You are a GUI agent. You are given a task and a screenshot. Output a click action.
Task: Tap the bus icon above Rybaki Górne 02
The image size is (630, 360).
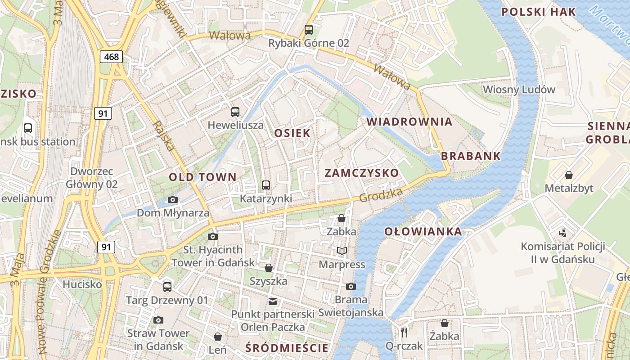[308, 30]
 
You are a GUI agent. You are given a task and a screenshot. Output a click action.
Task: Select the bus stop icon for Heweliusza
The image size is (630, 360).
[235, 112]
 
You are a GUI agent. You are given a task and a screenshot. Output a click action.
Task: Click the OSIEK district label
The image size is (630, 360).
[292, 133]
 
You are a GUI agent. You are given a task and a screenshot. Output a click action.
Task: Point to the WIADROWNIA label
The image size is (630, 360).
[409, 121]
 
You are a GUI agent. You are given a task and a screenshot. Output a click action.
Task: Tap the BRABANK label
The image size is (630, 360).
[471, 156]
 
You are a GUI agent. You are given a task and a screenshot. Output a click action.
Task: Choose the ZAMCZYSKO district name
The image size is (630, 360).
[361, 173]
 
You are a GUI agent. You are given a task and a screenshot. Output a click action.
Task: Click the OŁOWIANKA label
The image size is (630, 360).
[423, 232]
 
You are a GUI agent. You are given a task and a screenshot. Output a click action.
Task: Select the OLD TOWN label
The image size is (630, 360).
[202, 177]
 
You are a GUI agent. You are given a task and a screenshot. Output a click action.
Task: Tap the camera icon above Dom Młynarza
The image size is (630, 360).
[172, 199]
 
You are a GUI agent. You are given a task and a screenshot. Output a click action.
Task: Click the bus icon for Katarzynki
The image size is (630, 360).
[265, 185]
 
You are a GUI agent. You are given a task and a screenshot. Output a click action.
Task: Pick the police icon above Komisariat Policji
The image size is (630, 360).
[562, 233]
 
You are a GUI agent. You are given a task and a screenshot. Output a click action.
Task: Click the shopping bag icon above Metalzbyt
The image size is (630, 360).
[569, 175]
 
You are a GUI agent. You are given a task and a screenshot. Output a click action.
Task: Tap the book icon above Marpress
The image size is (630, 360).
[342, 251]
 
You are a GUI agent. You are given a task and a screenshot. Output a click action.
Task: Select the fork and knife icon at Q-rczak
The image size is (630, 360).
[404, 333]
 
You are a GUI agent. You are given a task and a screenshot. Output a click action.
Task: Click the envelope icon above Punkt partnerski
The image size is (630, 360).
[272, 301]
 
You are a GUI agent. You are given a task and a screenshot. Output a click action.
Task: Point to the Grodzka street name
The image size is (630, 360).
[381, 195]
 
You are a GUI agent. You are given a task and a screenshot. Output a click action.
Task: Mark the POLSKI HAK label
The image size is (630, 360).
[538, 12]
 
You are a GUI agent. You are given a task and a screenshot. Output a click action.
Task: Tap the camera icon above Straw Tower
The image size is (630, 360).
[158, 320]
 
